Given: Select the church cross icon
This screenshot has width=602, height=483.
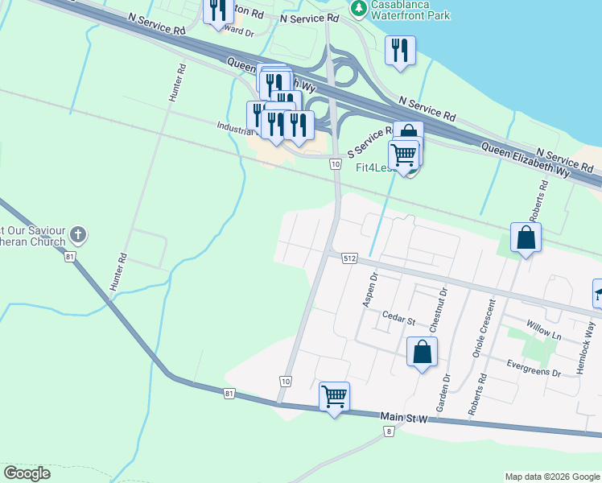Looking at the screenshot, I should pos(77,235).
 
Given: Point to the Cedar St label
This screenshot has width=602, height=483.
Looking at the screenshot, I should pos(398,320).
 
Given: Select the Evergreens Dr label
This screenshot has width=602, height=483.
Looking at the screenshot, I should pos(534,369).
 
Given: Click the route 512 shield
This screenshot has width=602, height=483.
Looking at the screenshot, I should pos(348,258).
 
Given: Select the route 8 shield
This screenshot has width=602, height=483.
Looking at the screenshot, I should pos(390,431).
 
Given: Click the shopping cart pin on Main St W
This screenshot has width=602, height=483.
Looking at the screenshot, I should pos(334,397).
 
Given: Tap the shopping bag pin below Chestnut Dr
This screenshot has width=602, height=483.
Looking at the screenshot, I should pos(422,352).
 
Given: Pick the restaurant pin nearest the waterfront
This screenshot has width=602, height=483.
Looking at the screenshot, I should pos(399,52).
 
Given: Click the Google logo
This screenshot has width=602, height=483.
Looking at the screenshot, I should pos(27,473).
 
